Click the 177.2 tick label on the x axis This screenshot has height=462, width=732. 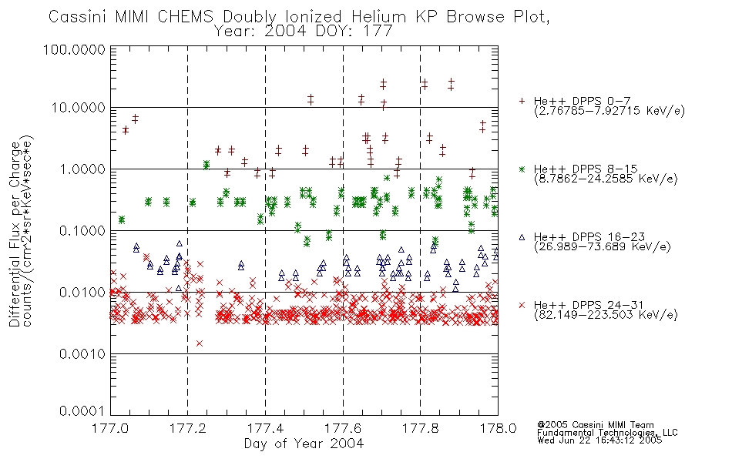pos(188,427)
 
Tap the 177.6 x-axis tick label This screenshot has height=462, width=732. pos(343,427)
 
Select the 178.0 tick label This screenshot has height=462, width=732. pos(498,427)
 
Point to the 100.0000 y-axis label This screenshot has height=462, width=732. pos(74,49)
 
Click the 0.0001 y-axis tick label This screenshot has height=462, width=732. pos(82,410)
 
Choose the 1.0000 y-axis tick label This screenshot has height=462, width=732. pos(82,169)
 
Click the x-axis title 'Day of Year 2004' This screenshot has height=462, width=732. pos(304,444)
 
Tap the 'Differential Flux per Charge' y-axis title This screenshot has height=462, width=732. pos(15,234)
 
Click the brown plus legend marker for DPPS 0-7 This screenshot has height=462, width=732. pos(522,101)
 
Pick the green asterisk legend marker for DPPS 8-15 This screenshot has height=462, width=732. pos(522,169)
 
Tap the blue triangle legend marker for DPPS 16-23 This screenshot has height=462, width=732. pos(522,237)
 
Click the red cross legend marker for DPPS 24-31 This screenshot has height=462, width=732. pos(522,305)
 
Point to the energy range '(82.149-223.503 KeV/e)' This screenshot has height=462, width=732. pos(606,315)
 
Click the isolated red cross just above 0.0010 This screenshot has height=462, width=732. pos(200,343)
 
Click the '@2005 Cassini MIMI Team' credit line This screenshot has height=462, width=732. pos(596,425)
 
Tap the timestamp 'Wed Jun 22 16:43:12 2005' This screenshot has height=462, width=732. pos(599,440)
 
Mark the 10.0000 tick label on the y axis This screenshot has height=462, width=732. pos(79,108)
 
